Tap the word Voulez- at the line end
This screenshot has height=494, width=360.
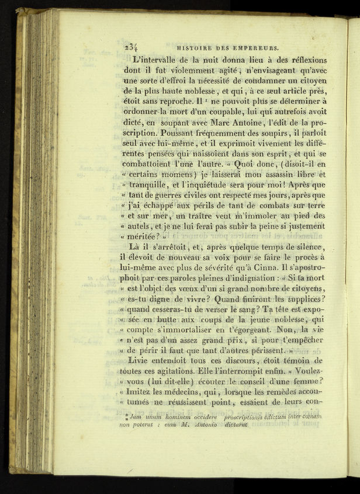coord(308,372)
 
